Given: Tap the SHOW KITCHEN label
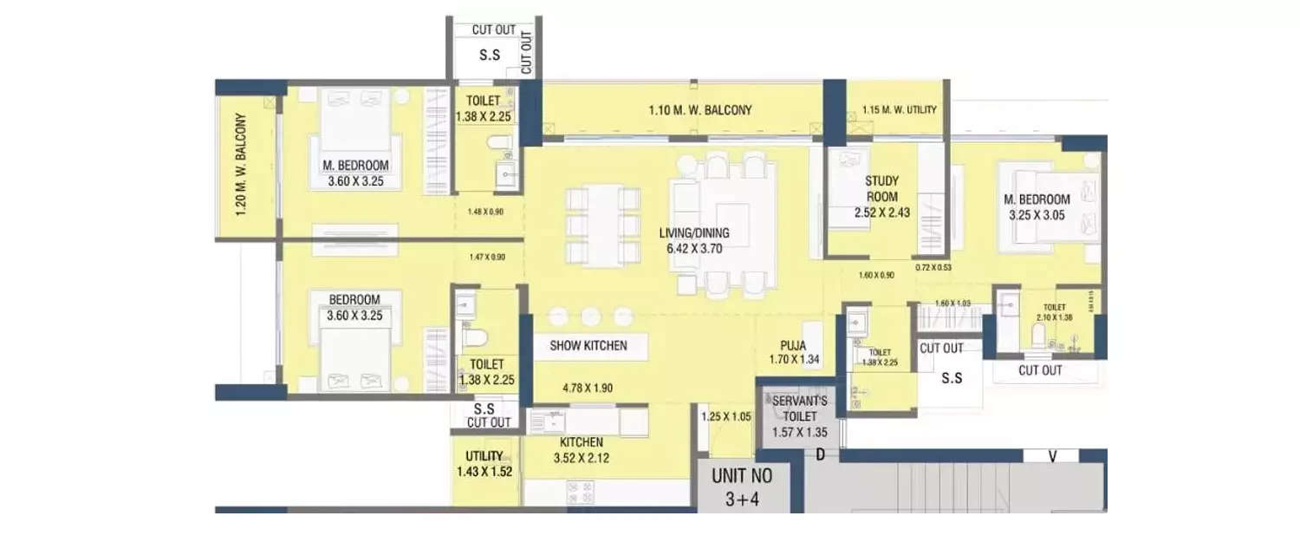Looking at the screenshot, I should point(588,345).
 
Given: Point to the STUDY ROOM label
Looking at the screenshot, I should point(881,188).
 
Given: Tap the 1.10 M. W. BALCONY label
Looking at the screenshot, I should point(700,110).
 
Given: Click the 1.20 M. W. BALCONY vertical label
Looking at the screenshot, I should point(241,165).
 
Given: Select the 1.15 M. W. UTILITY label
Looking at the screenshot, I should point(899,110).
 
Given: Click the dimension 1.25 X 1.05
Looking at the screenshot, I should point(725,416).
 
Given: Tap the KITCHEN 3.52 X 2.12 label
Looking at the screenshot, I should point(581,450).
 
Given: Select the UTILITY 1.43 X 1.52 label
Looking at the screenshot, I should point(484,464).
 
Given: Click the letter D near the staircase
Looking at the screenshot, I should point(817,454).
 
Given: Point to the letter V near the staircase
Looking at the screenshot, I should point(1051,455).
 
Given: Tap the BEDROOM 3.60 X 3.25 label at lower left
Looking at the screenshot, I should point(354,308).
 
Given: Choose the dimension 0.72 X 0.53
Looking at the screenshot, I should point(933,268).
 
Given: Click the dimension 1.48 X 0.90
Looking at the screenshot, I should point(486,211).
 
